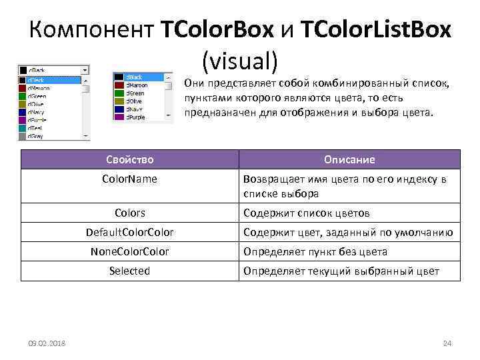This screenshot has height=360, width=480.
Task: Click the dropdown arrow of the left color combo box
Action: click(85, 69)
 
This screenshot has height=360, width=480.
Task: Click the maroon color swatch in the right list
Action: click(119, 85)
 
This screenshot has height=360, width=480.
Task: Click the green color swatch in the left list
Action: click(22, 95)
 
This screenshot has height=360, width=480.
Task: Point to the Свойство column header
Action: click(129, 159)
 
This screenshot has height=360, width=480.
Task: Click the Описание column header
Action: click(349, 159)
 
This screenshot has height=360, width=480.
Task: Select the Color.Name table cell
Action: click(129, 179)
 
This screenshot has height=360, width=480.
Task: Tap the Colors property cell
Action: click(129, 213)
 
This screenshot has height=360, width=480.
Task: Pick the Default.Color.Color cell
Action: click(129, 232)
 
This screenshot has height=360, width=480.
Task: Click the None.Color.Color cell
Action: click(129, 251)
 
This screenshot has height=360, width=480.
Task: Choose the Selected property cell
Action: click(129, 271)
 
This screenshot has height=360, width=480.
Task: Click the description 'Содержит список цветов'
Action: click(306, 213)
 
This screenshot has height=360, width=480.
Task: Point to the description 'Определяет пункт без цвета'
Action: click(315, 251)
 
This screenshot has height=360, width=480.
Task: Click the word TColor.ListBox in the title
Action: click(375, 30)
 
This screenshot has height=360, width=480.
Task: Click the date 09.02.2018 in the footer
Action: click(47, 343)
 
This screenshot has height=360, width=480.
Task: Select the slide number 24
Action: click(447, 343)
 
